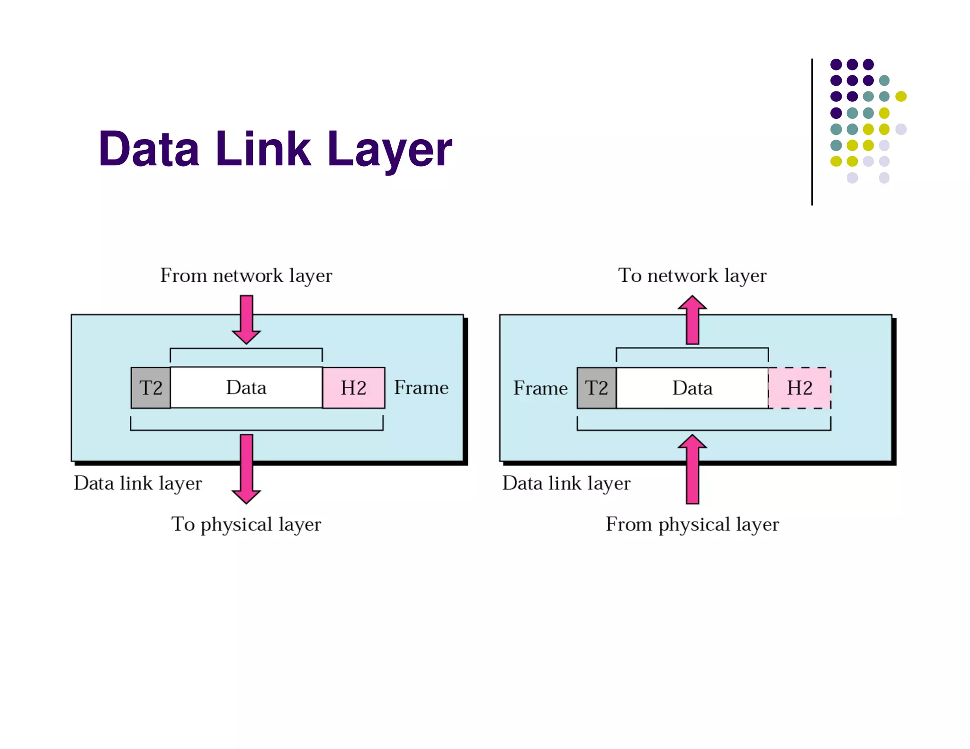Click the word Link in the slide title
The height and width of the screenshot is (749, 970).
point(263,150)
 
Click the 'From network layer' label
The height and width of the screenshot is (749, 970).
point(246,276)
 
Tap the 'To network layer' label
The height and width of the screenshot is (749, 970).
point(692,276)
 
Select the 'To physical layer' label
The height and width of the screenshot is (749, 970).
point(246,524)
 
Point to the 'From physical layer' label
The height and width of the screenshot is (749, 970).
point(692,524)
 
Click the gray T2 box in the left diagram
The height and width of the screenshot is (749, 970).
point(151,388)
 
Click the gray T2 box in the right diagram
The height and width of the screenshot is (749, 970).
point(596,388)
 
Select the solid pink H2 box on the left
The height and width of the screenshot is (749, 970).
point(353,388)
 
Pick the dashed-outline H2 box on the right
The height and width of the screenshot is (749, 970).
point(799,388)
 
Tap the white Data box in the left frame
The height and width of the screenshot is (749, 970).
point(246,387)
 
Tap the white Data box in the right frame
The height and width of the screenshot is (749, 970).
point(692,388)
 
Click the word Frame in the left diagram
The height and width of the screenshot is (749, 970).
point(421,388)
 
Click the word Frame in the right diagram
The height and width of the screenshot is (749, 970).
point(540,388)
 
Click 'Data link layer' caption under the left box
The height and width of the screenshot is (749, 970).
point(138,483)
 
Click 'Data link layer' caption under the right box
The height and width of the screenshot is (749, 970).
point(566,483)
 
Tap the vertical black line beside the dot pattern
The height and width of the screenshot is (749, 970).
point(812,132)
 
